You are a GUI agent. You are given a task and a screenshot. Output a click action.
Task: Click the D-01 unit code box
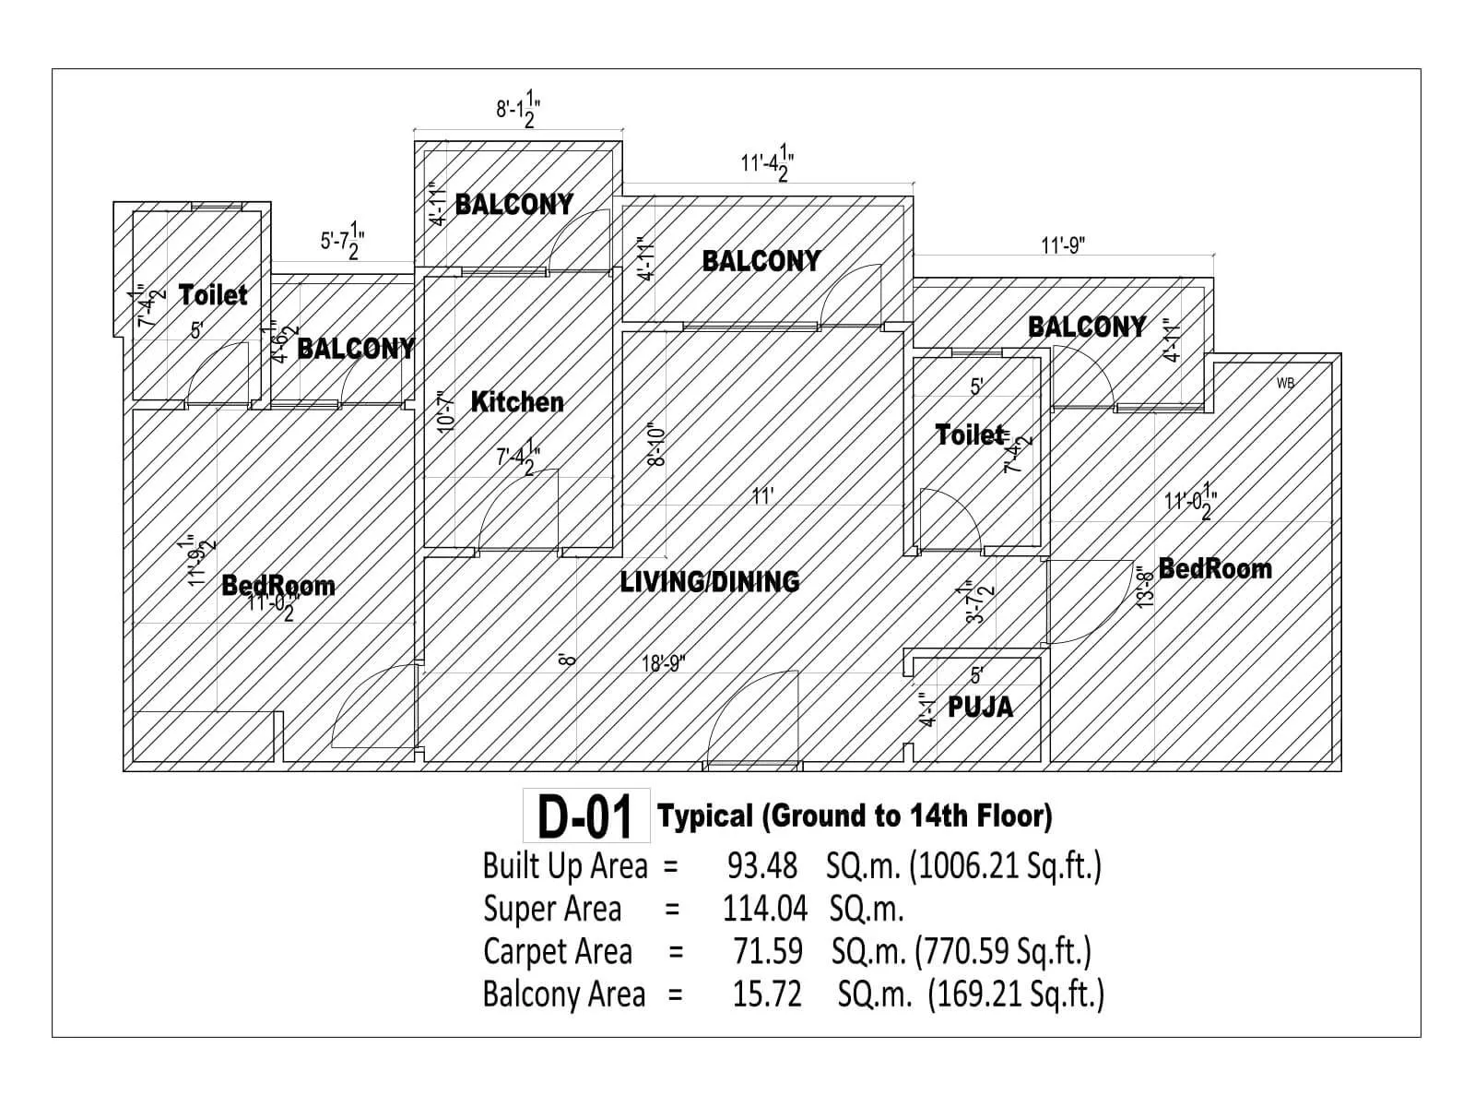coord(586,816)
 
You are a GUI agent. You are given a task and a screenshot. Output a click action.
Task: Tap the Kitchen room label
coord(517,401)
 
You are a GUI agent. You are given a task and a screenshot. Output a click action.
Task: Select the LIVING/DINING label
coord(710,581)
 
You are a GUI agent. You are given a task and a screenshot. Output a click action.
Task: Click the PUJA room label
coord(980,708)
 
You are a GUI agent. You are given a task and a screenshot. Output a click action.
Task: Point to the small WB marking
coord(1285,383)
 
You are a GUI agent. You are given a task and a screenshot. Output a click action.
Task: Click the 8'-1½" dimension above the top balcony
coord(517,111)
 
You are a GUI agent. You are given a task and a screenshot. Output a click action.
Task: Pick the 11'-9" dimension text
coord(1063,246)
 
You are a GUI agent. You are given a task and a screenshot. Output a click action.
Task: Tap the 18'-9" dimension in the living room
coord(664,663)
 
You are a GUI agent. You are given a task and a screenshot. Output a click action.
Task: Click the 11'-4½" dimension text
coord(767,163)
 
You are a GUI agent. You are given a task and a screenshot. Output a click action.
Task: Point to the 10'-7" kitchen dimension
coord(446,411)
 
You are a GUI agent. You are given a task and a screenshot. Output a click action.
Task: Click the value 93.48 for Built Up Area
coord(762,866)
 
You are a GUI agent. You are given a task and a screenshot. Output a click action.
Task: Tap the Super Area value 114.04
coord(764,909)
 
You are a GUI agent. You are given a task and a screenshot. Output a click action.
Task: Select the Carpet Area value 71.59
coord(767,951)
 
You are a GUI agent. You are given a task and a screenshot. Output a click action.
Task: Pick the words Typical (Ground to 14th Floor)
coord(855,816)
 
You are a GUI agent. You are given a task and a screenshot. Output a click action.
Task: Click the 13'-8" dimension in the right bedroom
coord(1146,586)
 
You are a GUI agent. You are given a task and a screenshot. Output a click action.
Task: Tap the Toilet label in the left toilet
coord(213,295)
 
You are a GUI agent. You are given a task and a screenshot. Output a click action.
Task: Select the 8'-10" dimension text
coord(656,445)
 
